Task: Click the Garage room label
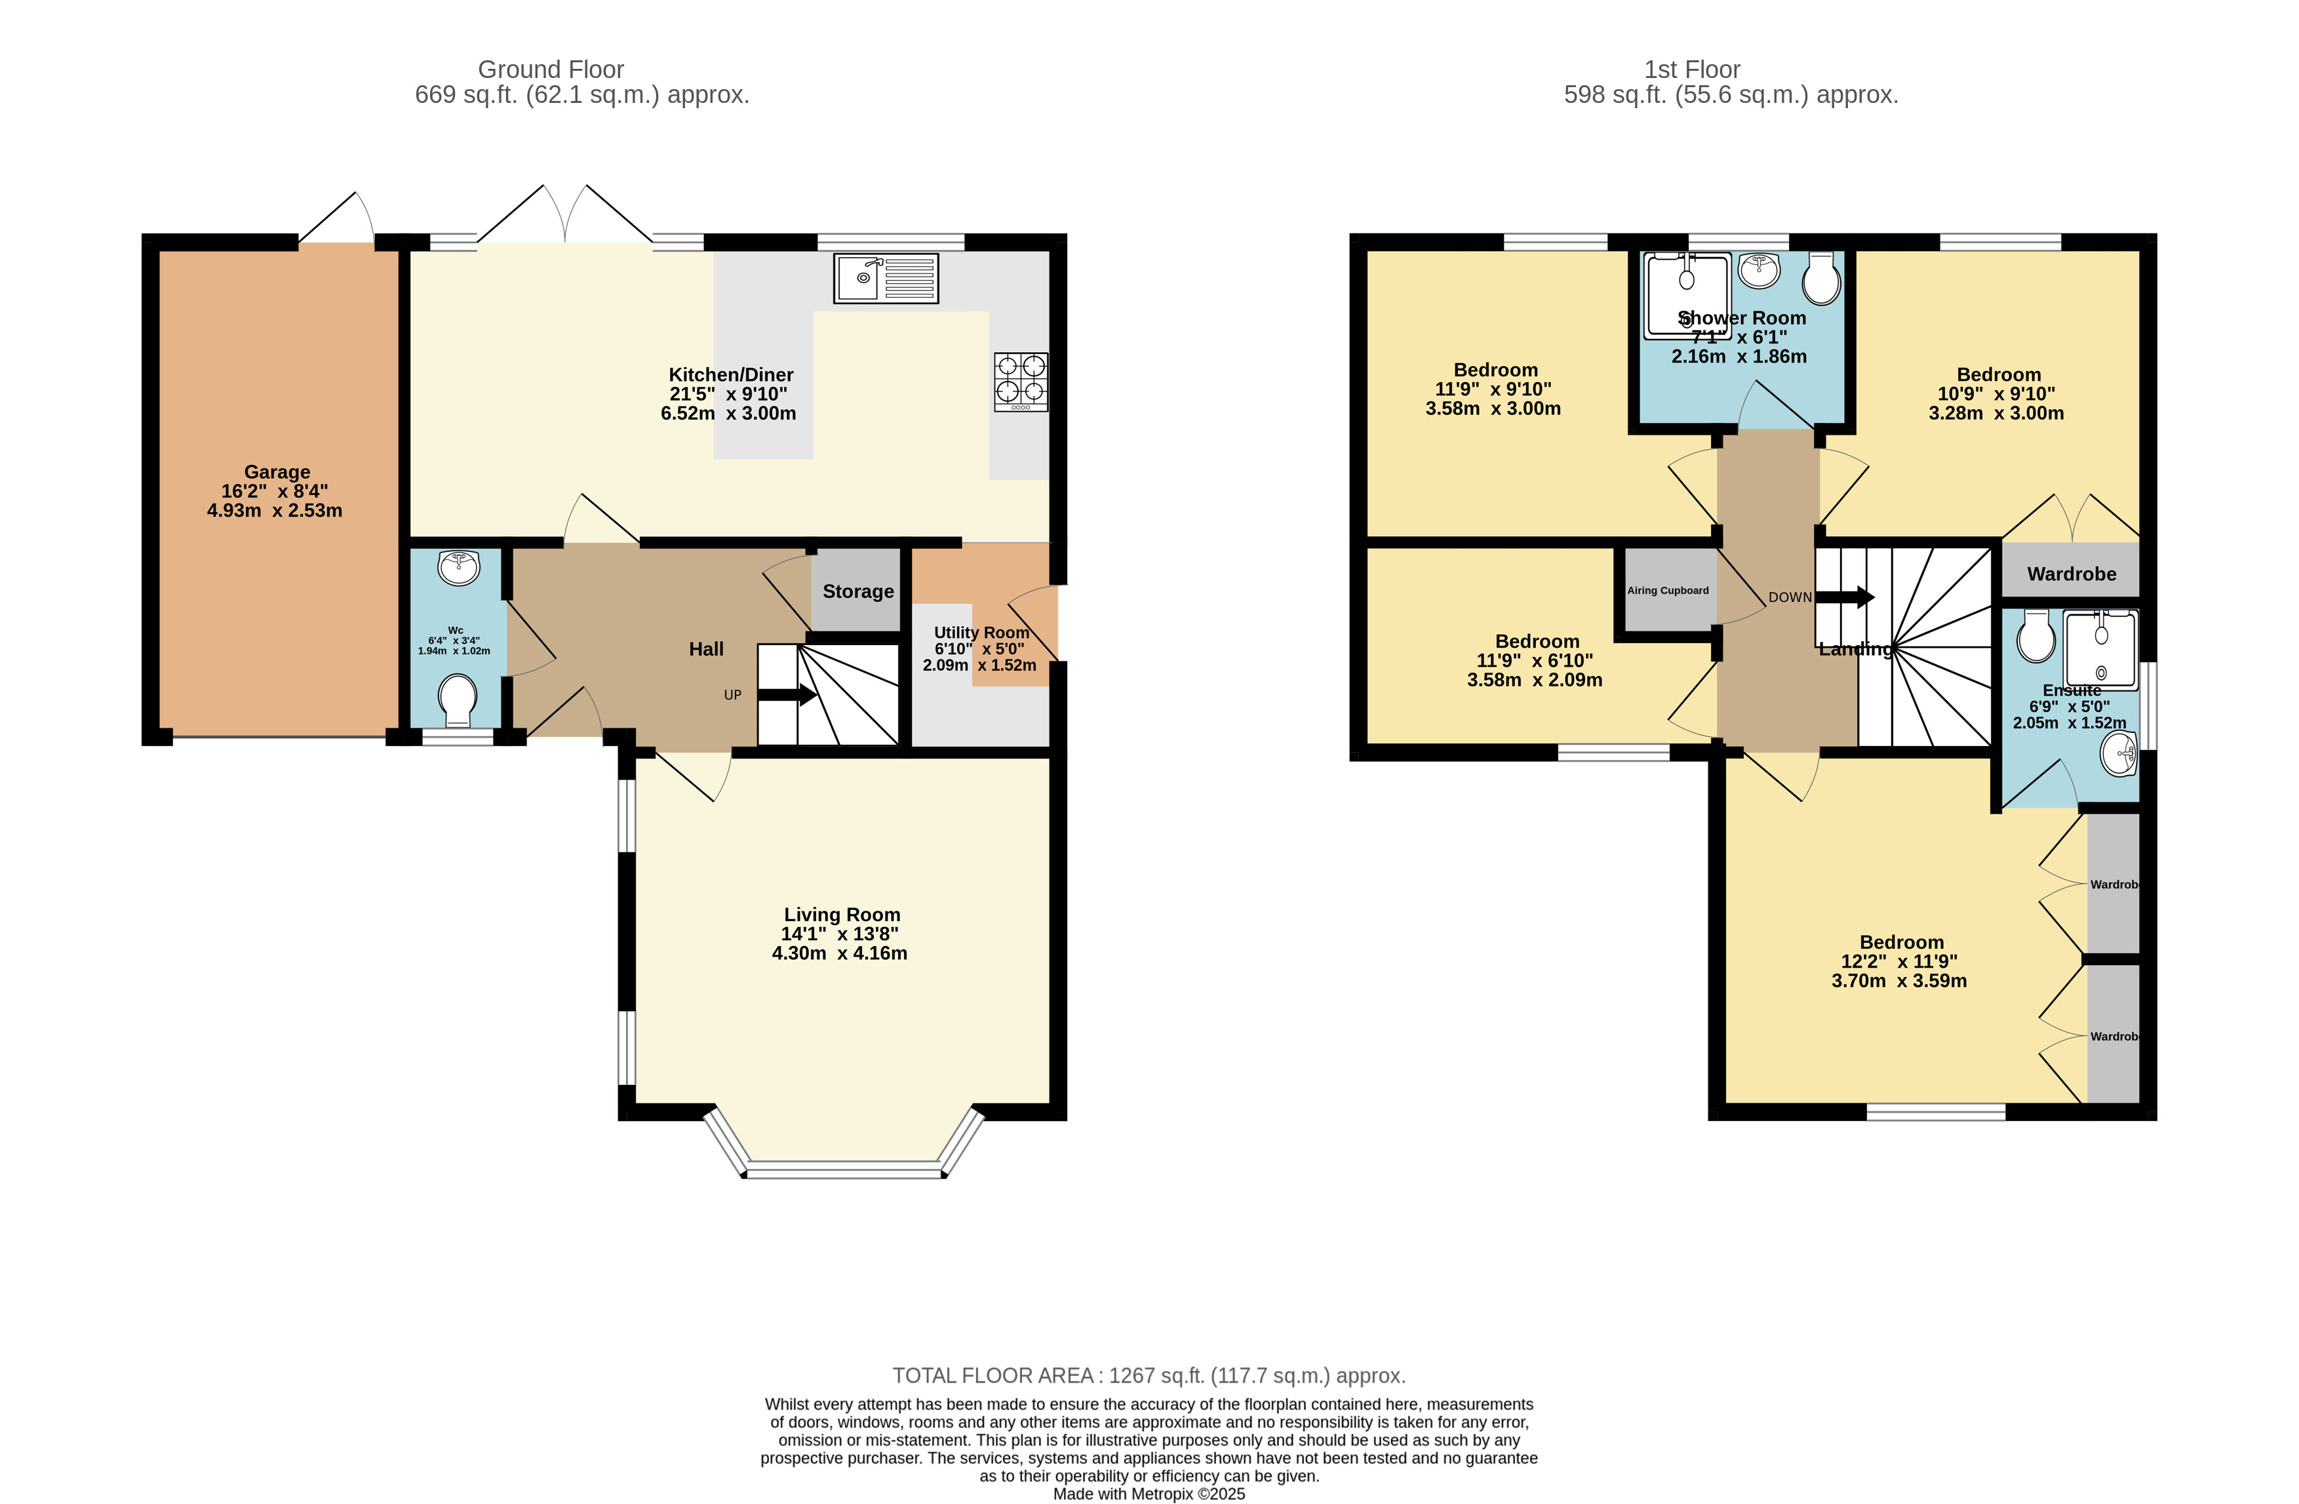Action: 277,472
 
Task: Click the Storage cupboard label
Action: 857,591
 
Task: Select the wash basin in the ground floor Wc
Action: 459,567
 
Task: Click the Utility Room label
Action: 981,633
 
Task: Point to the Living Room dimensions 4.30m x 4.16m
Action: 839,953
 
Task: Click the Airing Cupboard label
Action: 1667,590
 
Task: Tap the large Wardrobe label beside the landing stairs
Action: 2071,574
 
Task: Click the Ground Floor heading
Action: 551,69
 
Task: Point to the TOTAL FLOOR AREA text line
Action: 1149,1375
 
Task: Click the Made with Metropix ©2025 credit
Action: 1149,1494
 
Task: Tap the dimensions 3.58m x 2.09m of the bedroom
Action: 1534,680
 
